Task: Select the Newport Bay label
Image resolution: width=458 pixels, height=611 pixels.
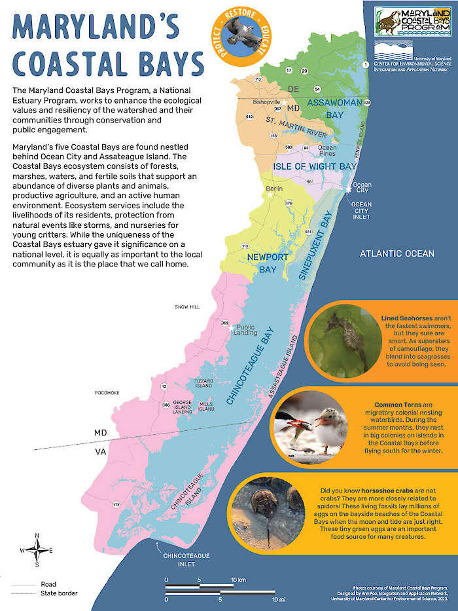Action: [x=267, y=263]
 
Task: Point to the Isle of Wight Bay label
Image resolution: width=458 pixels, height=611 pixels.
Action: [x=315, y=166]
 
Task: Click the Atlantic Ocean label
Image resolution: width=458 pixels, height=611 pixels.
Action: [x=396, y=253]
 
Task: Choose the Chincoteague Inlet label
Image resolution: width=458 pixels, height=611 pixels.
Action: [x=187, y=560]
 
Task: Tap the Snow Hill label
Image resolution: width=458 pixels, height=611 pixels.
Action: [x=186, y=306]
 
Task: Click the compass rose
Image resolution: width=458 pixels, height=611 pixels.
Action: [x=37, y=550]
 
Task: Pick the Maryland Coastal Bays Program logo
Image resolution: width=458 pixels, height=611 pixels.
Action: [x=412, y=21]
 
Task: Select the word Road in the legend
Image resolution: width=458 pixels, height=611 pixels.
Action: [x=48, y=584]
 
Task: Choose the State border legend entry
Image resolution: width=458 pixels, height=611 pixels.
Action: [x=59, y=593]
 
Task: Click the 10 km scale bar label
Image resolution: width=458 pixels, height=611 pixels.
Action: [x=238, y=580]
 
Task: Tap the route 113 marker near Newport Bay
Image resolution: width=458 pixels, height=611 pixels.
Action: [x=244, y=246]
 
